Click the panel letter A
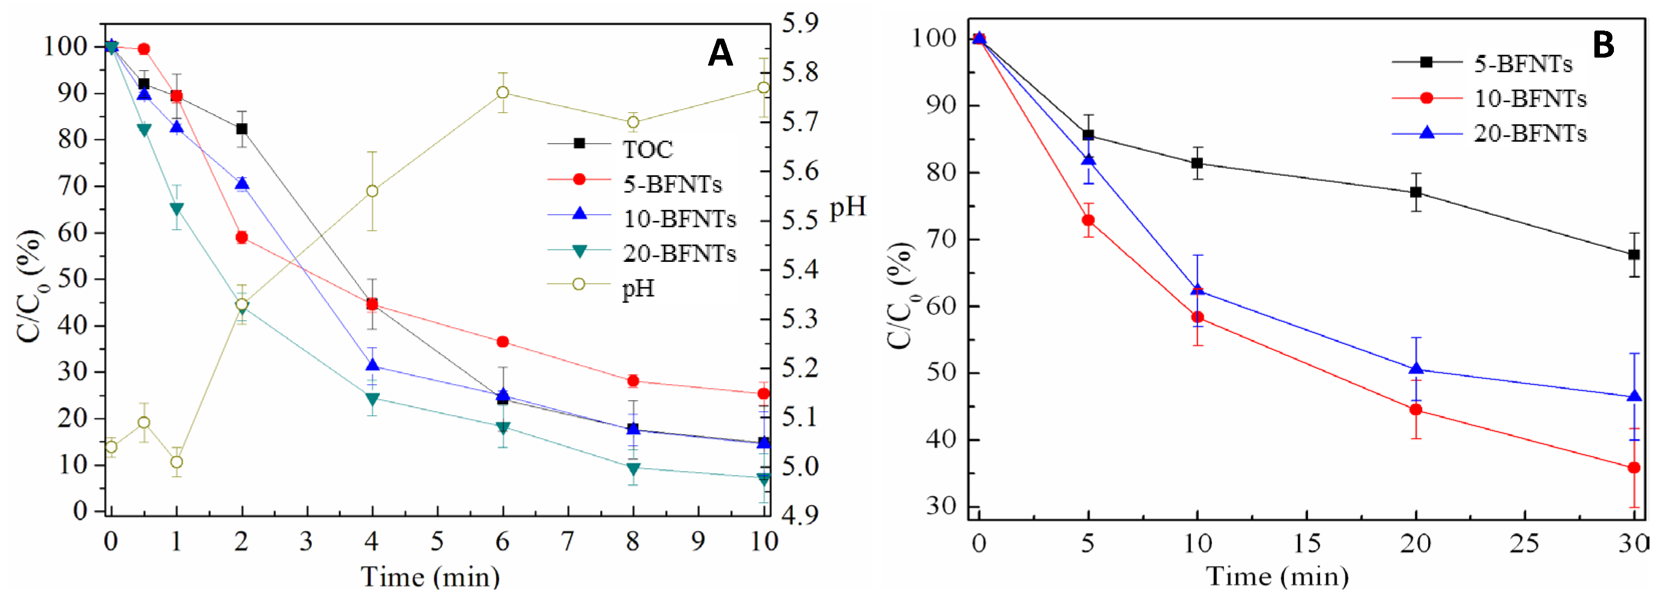point(720,53)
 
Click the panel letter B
point(1602,46)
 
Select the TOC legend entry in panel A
point(647,150)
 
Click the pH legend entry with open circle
point(638,288)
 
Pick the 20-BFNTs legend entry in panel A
point(679,253)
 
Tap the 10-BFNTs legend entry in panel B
point(1529,99)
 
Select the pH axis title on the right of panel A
point(847,207)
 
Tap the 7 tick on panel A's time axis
point(568,541)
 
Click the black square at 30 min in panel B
point(1633,255)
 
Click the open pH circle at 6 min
point(502,93)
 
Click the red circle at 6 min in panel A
point(502,342)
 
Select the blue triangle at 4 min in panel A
point(372,366)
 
